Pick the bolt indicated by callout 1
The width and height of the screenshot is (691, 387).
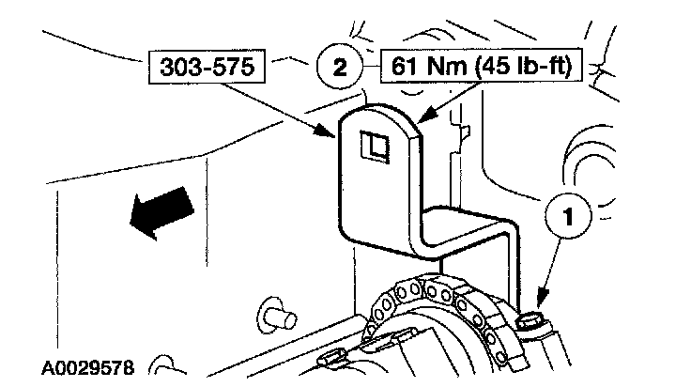click(532, 319)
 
